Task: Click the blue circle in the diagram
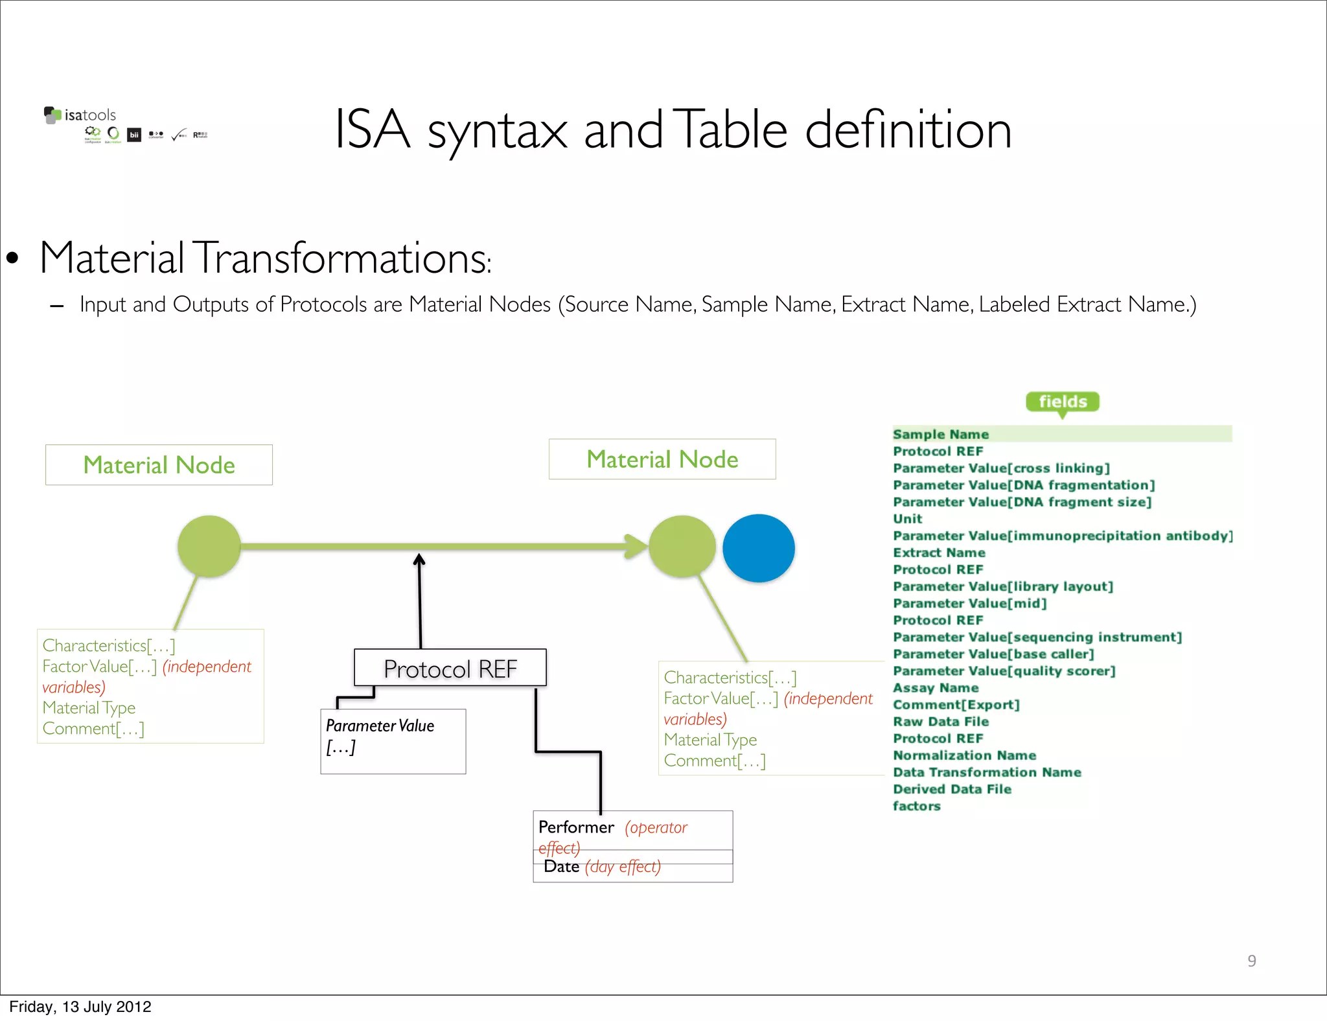click(758, 548)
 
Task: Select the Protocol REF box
click(450, 668)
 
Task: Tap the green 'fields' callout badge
click(1062, 402)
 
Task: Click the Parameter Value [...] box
click(393, 740)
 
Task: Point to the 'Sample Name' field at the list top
click(941, 434)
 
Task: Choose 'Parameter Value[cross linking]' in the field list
click(1001, 468)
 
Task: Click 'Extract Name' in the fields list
click(939, 553)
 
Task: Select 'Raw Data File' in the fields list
click(941, 721)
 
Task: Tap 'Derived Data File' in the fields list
click(952, 789)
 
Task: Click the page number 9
click(1251, 961)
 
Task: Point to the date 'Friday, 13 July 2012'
click(80, 1007)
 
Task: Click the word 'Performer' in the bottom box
click(576, 827)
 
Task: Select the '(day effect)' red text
click(623, 867)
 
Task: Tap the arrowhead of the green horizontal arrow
click(636, 546)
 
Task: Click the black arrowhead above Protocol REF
click(419, 559)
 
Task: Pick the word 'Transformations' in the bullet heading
click(341, 258)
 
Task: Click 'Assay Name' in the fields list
click(936, 687)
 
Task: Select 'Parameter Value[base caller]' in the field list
click(993, 654)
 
